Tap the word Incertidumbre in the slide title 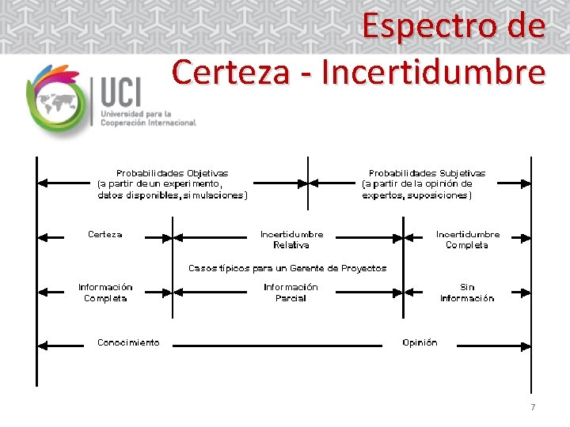(435, 72)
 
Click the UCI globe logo (56, 100)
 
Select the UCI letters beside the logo (120, 93)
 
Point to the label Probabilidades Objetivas (172, 172)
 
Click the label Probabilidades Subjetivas (427, 172)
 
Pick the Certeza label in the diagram (104, 234)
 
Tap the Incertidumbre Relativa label (291, 240)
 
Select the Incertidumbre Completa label (467, 240)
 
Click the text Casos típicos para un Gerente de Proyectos (287, 268)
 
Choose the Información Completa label (105, 293)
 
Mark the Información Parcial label (291, 293)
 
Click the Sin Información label (467, 293)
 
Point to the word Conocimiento (127, 342)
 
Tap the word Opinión (419, 342)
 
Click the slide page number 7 (533, 407)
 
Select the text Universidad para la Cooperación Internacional (147, 119)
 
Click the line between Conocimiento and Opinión (285, 346)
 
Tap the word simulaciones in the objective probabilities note (215, 195)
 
